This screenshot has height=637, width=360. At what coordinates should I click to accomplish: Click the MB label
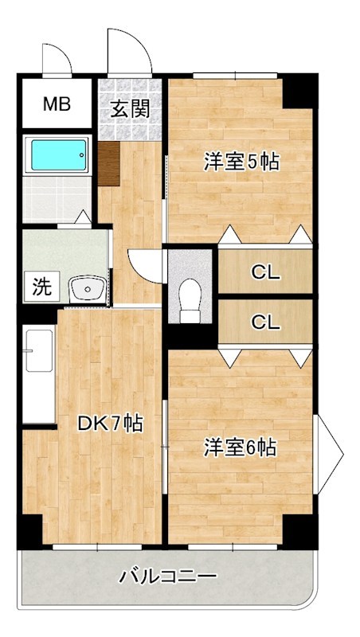click(x=56, y=104)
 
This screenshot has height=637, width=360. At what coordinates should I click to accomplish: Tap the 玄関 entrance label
click(x=129, y=109)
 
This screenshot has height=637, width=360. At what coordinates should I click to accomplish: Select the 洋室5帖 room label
click(x=241, y=162)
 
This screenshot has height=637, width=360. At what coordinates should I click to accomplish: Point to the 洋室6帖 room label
click(x=239, y=448)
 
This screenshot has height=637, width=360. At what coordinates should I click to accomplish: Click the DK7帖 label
click(x=110, y=424)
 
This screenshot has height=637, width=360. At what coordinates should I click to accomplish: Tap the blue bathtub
click(x=57, y=155)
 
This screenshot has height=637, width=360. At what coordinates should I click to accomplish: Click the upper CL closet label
click(x=265, y=272)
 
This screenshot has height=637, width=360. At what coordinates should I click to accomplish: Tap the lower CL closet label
click(x=265, y=322)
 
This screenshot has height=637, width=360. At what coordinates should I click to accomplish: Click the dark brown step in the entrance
click(x=109, y=164)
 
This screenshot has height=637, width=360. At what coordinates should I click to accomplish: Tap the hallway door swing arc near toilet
click(x=147, y=264)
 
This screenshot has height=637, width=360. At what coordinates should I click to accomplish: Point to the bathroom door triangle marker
click(x=83, y=217)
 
